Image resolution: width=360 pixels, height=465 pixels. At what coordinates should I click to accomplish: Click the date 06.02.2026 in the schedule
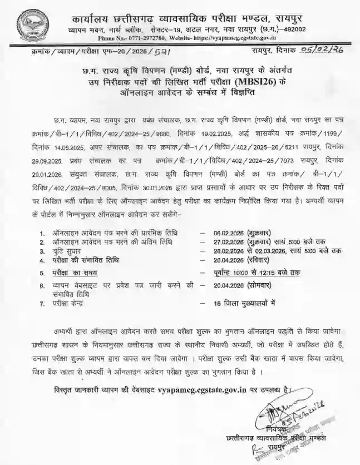(x=218, y=235)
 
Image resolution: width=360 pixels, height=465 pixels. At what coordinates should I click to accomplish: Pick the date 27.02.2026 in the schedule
(x=218, y=243)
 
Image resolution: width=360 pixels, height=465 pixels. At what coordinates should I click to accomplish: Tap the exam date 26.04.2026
(x=218, y=260)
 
